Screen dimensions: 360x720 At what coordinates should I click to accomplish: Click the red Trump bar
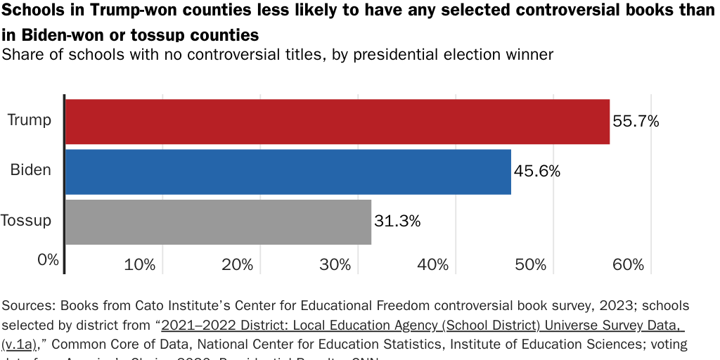point(337,122)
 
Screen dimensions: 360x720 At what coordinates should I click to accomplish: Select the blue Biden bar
point(288,172)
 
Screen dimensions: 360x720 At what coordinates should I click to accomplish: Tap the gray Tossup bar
point(218,222)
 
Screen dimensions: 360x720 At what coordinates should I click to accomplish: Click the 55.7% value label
point(636,121)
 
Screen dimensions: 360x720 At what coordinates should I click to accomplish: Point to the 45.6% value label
point(536,171)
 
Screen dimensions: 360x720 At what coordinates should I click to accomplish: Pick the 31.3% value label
point(397,221)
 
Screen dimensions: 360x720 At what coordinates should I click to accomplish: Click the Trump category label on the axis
point(30,120)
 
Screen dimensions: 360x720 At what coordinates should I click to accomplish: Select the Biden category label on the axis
point(31,170)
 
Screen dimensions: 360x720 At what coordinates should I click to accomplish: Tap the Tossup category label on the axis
point(26,221)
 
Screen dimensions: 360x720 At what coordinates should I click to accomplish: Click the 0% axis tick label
point(48,259)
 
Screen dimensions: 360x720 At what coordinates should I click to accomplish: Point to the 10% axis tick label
point(139,265)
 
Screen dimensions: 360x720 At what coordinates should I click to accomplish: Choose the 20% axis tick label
point(237,265)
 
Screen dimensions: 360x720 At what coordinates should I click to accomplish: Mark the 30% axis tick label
point(335,265)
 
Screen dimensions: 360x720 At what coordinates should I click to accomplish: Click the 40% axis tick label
point(432,265)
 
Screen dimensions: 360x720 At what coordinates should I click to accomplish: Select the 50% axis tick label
point(530,265)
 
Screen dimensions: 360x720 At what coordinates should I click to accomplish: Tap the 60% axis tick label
point(628,265)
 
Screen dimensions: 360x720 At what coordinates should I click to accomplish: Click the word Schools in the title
point(34,13)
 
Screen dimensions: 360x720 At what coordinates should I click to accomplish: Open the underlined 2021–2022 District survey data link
point(422,326)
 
